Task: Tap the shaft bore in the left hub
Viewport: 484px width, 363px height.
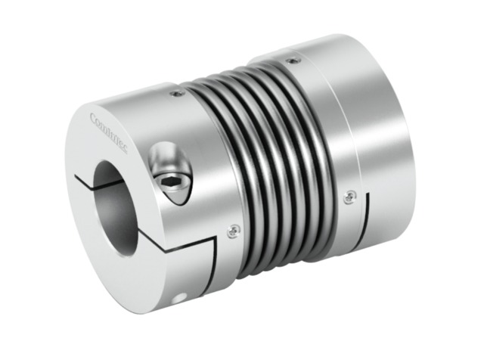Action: (x=116, y=204)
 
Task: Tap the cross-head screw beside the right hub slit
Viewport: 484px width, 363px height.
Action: (x=348, y=196)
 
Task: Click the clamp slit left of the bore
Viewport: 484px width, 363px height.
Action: (x=84, y=178)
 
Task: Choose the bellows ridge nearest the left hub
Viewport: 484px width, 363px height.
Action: (x=227, y=151)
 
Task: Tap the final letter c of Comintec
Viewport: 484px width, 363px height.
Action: (x=125, y=152)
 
